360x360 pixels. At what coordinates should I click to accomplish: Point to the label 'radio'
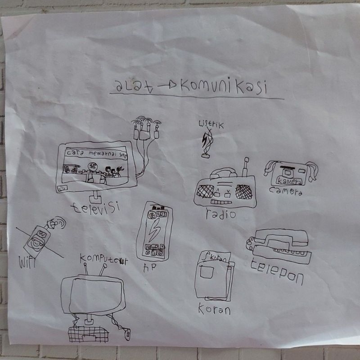click(220, 214)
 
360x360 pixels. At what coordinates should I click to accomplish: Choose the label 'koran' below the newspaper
click(214, 310)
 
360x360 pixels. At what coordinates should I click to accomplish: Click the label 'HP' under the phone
click(148, 267)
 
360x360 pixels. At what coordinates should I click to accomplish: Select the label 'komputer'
click(101, 259)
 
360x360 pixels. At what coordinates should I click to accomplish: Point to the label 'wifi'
click(27, 262)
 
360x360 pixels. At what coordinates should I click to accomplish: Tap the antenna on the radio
click(245, 167)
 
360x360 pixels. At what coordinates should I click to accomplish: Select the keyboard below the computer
click(89, 333)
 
